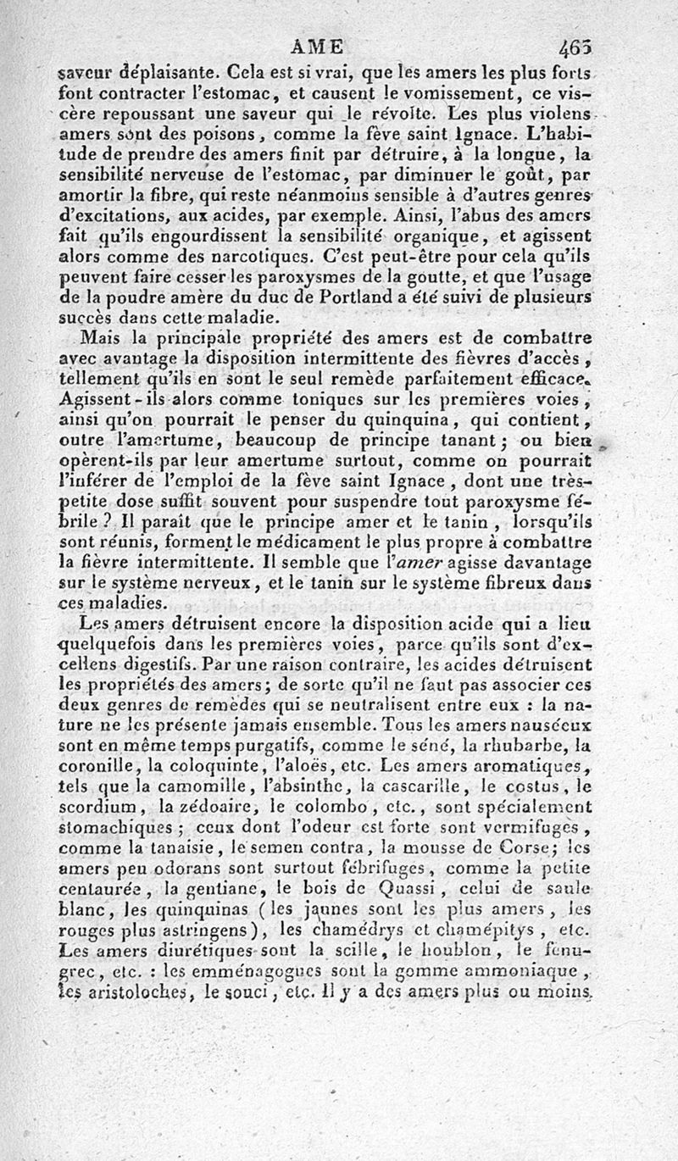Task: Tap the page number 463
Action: click(576, 49)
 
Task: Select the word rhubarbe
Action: click(518, 745)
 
